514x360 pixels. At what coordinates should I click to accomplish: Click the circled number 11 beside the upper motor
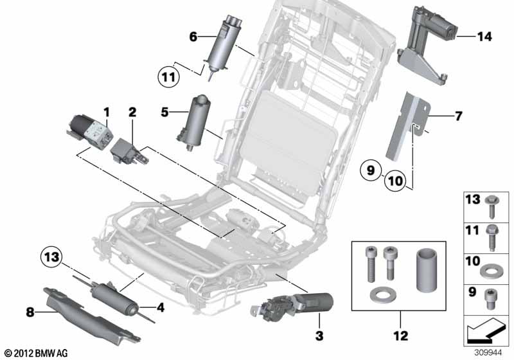(x=168, y=78)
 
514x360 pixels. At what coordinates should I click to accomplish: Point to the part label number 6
(x=193, y=37)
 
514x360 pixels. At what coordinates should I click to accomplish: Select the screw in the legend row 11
(x=492, y=236)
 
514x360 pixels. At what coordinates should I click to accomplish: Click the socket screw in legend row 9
(x=492, y=297)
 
